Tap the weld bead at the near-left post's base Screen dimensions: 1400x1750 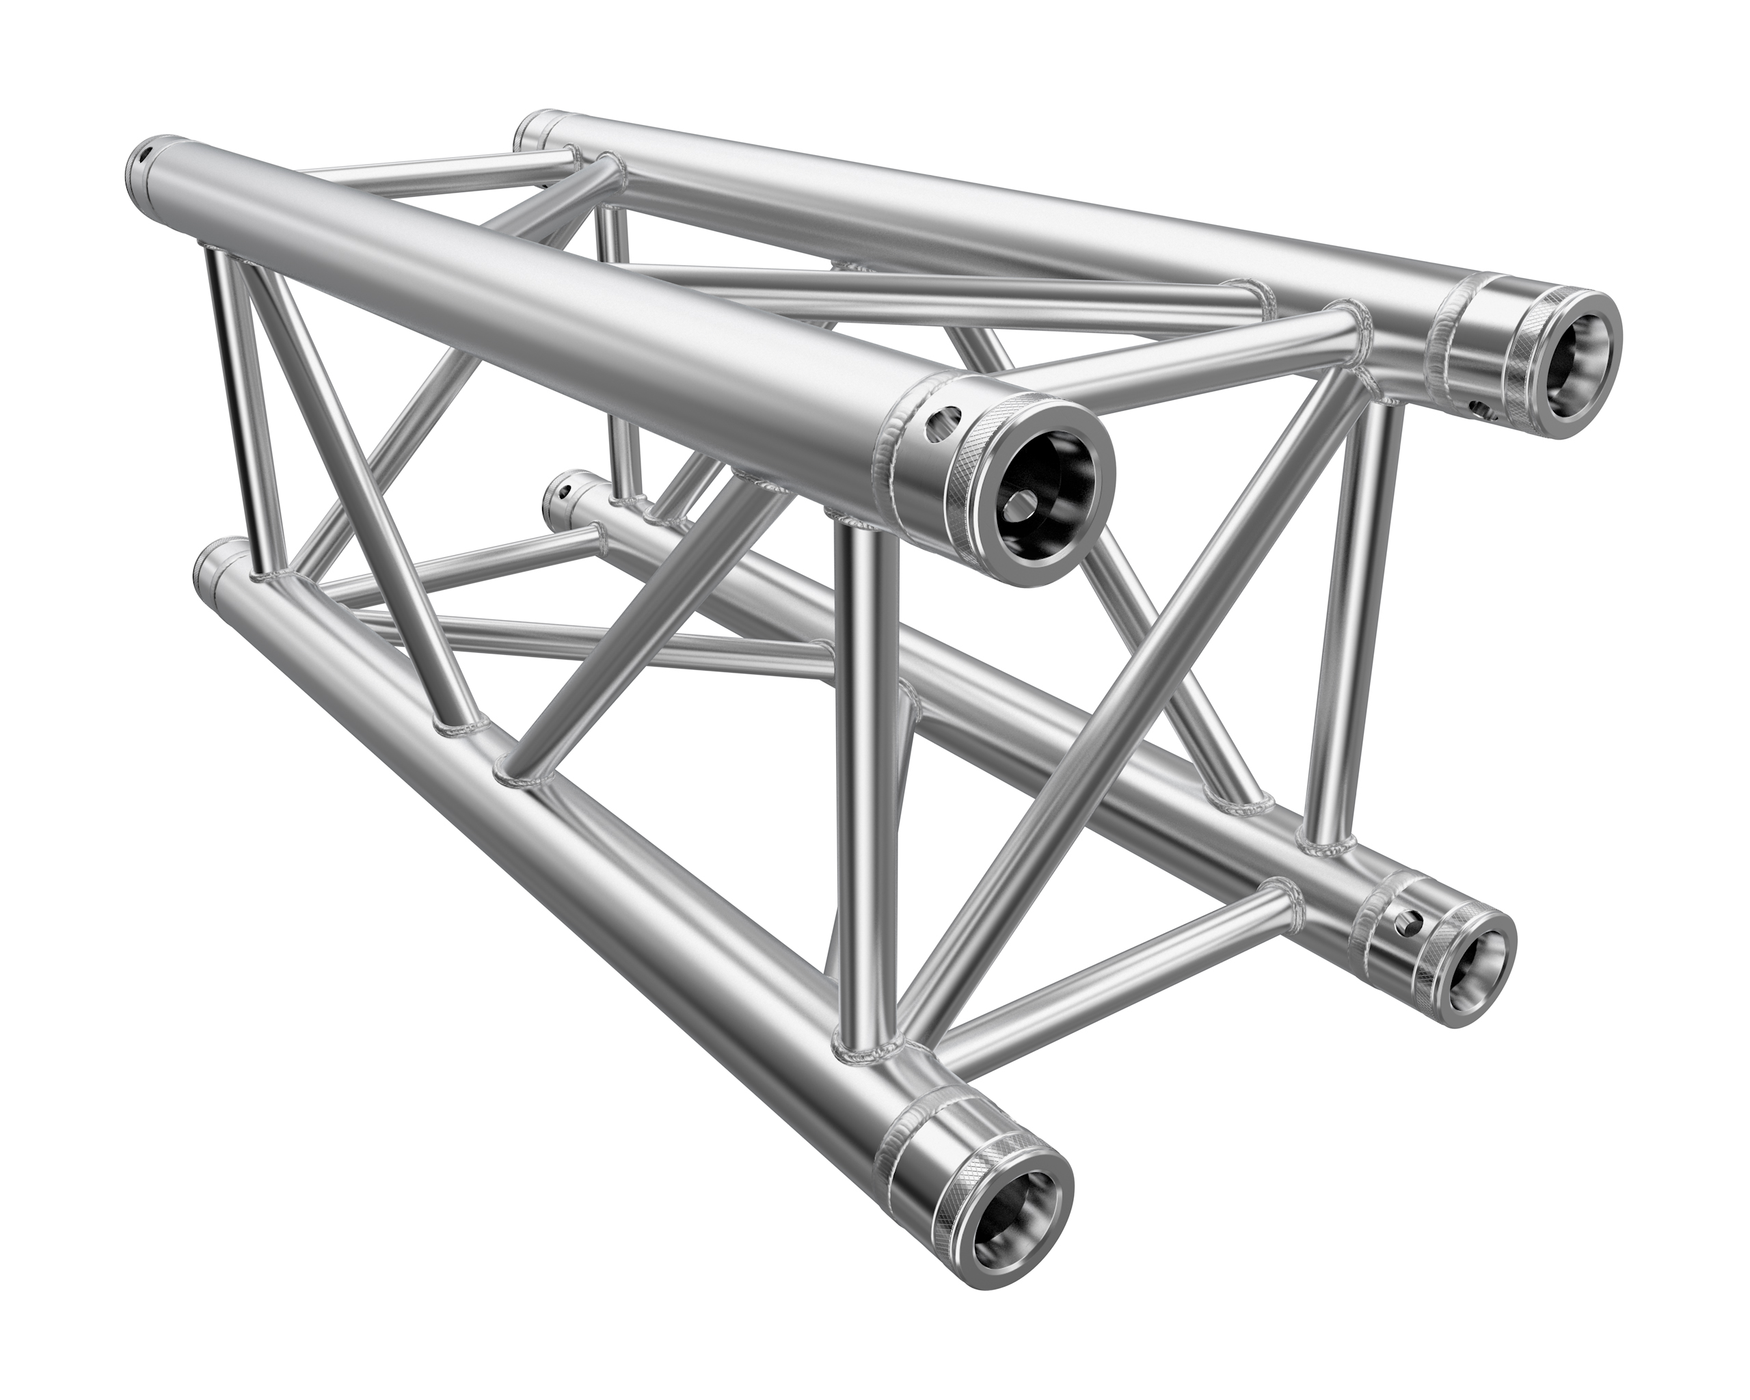click(869, 1055)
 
